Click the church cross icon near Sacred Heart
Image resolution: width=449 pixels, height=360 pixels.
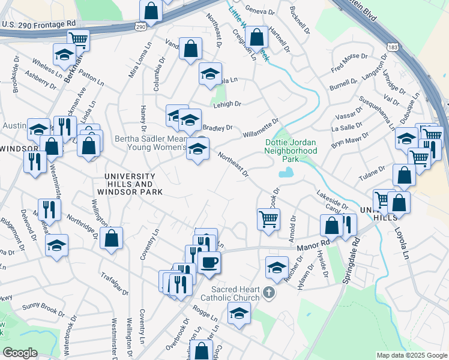[270, 293]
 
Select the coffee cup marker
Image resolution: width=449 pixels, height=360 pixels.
[209, 262]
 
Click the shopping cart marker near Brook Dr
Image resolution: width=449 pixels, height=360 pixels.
[268, 218]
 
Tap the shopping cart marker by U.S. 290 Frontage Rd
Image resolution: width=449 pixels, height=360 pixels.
[78, 40]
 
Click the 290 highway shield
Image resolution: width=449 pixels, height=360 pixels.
[140, 27]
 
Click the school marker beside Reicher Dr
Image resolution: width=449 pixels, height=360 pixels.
[277, 266]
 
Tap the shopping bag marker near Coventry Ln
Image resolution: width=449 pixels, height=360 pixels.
[112, 238]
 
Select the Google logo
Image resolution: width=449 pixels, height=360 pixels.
[20, 353]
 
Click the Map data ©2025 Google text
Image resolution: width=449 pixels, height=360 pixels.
[412, 355]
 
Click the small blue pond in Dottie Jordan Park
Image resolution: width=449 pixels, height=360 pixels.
[286, 173]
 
